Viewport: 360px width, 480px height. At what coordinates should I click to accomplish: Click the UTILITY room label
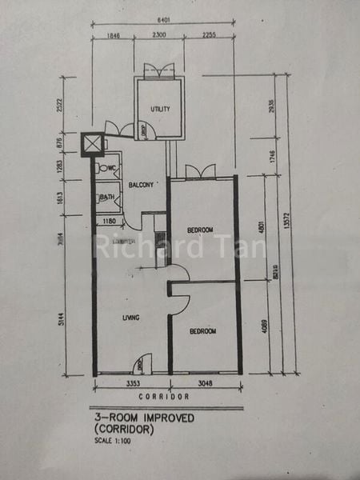(162, 109)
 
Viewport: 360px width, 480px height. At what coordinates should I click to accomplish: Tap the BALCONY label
(141, 186)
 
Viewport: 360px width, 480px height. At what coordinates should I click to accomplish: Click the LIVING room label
(131, 318)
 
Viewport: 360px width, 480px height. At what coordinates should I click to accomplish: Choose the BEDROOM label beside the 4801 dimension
(200, 230)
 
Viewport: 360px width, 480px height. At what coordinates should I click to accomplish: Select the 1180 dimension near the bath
(110, 222)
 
